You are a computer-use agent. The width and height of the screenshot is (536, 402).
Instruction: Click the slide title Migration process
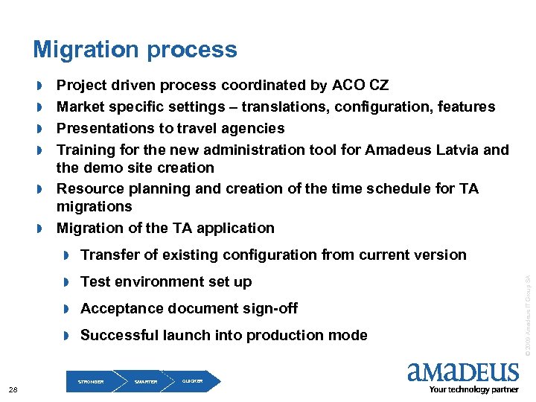click(135, 50)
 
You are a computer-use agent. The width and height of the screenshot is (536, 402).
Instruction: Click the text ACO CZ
click(361, 86)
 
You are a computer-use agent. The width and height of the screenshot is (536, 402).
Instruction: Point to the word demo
click(101, 167)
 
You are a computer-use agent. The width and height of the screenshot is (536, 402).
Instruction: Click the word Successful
click(118, 336)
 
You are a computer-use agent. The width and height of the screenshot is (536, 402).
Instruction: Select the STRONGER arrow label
click(91, 382)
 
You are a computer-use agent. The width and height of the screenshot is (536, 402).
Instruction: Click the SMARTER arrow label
click(146, 382)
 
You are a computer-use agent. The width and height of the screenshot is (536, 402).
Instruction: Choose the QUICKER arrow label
click(192, 380)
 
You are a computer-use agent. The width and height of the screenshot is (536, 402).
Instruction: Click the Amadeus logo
click(463, 372)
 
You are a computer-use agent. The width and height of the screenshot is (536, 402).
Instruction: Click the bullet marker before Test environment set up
click(66, 282)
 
